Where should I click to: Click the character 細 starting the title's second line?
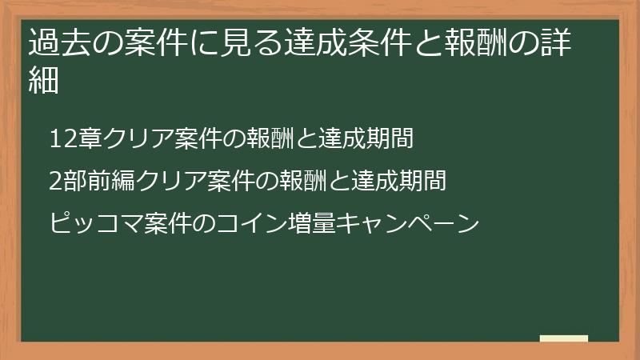[44, 80]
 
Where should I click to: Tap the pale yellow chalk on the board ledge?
[564, 338]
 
